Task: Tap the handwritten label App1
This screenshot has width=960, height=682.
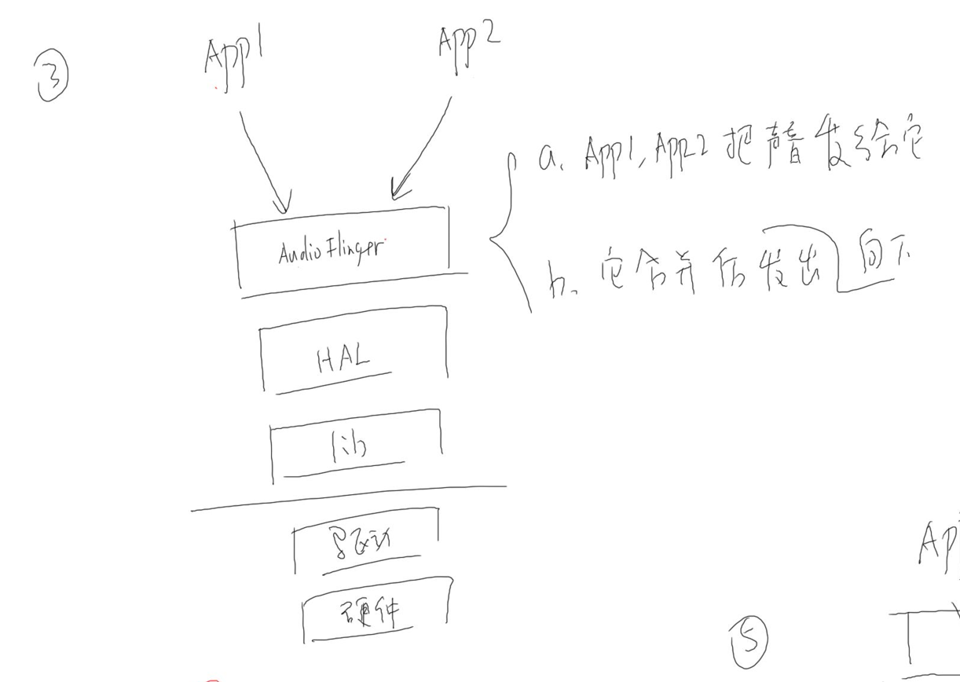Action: pyautogui.click(x=233, y=63)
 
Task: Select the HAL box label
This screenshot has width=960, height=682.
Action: pyautogui.click(x=343, y=361)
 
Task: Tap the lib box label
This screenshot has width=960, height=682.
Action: pyautogui.click(x=348, y=447)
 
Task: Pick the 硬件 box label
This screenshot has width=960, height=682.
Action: pyautogui.click(x=376, y=610)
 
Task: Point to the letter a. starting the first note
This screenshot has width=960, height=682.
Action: pyautogui.click(x=546, y=160)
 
